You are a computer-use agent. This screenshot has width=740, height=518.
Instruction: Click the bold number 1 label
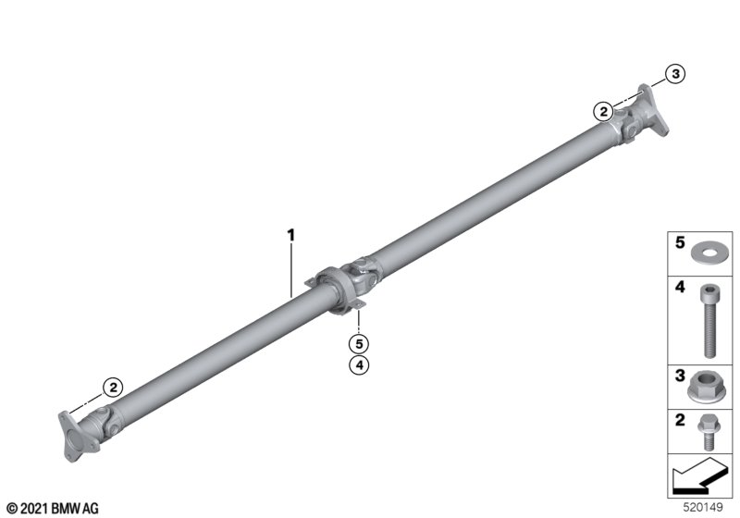(x=291, y=235)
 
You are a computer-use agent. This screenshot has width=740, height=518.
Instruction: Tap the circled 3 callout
(x=675, y=74)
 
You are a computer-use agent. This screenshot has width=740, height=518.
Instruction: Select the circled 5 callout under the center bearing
(x=359, y=344)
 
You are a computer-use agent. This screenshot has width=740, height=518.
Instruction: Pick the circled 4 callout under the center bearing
(x=359, y=364)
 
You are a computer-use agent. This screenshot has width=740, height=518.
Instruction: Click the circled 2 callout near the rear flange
(x=603, y=112)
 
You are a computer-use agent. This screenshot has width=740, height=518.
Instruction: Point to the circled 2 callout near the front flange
(x=113, y=388)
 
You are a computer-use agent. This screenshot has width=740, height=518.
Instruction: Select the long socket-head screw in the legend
(x=709, y=321)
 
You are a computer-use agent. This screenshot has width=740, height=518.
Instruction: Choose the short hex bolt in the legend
(x=707, y=432)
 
